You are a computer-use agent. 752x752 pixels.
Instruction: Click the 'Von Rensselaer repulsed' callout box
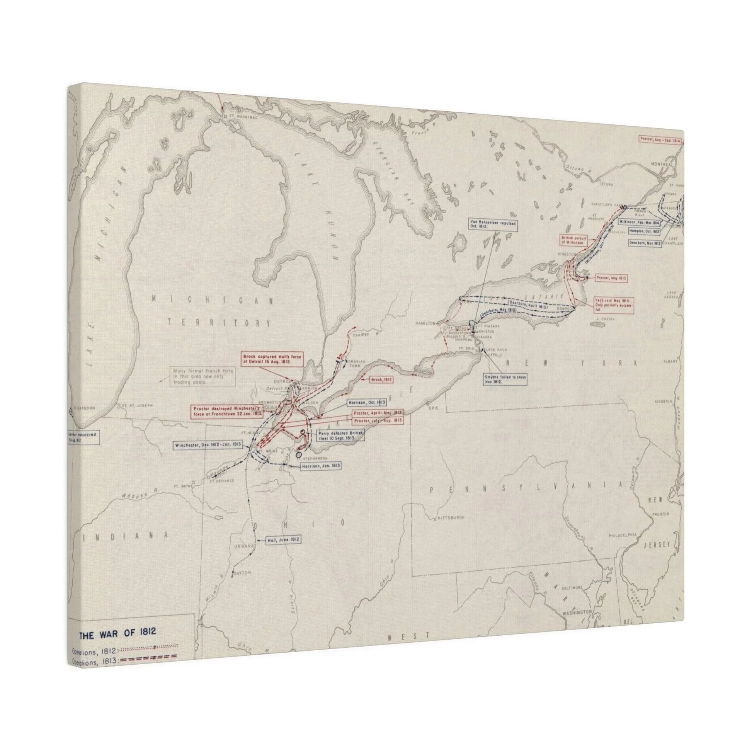pyautogui.click(x=493, y=226)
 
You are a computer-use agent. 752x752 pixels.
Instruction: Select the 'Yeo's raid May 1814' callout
pyautogui.click(x=613, y=305)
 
